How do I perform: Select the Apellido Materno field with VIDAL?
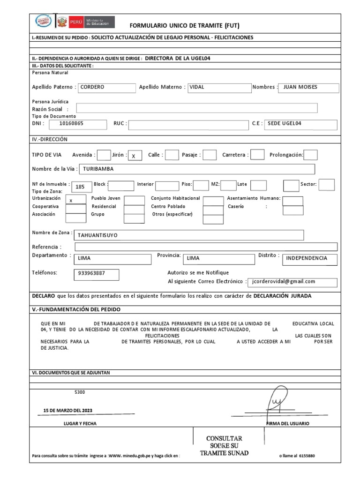coord(218,87)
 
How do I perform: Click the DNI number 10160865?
coord(76,124)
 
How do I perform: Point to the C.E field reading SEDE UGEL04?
coord(301,124)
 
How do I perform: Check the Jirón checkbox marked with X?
coord(135,156)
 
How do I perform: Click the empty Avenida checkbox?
coord(103,155)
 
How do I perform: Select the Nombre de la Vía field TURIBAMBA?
coord(197,169)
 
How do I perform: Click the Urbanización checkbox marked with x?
coord(75,200)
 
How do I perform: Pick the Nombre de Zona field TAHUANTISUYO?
coord(189,235)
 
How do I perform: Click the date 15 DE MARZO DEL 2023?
coord(68,410)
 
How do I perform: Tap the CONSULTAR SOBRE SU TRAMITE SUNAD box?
coord(225,445)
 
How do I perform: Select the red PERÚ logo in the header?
coord(75,22)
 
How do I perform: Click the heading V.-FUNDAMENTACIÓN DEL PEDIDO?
coord(76,309)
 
